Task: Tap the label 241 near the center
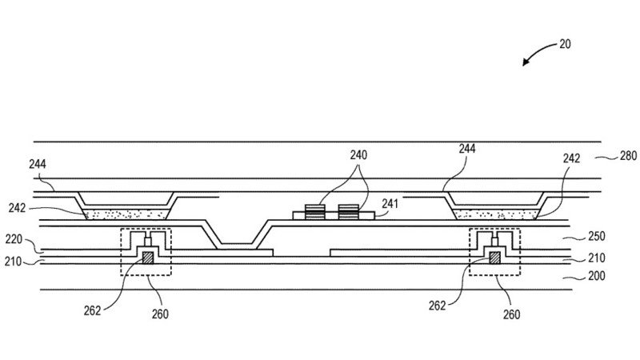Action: point(389,204)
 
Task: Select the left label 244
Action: point(37,165)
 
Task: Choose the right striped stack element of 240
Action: point(348,211)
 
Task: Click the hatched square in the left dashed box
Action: point(147,258)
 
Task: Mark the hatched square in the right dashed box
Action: point(494,258)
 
